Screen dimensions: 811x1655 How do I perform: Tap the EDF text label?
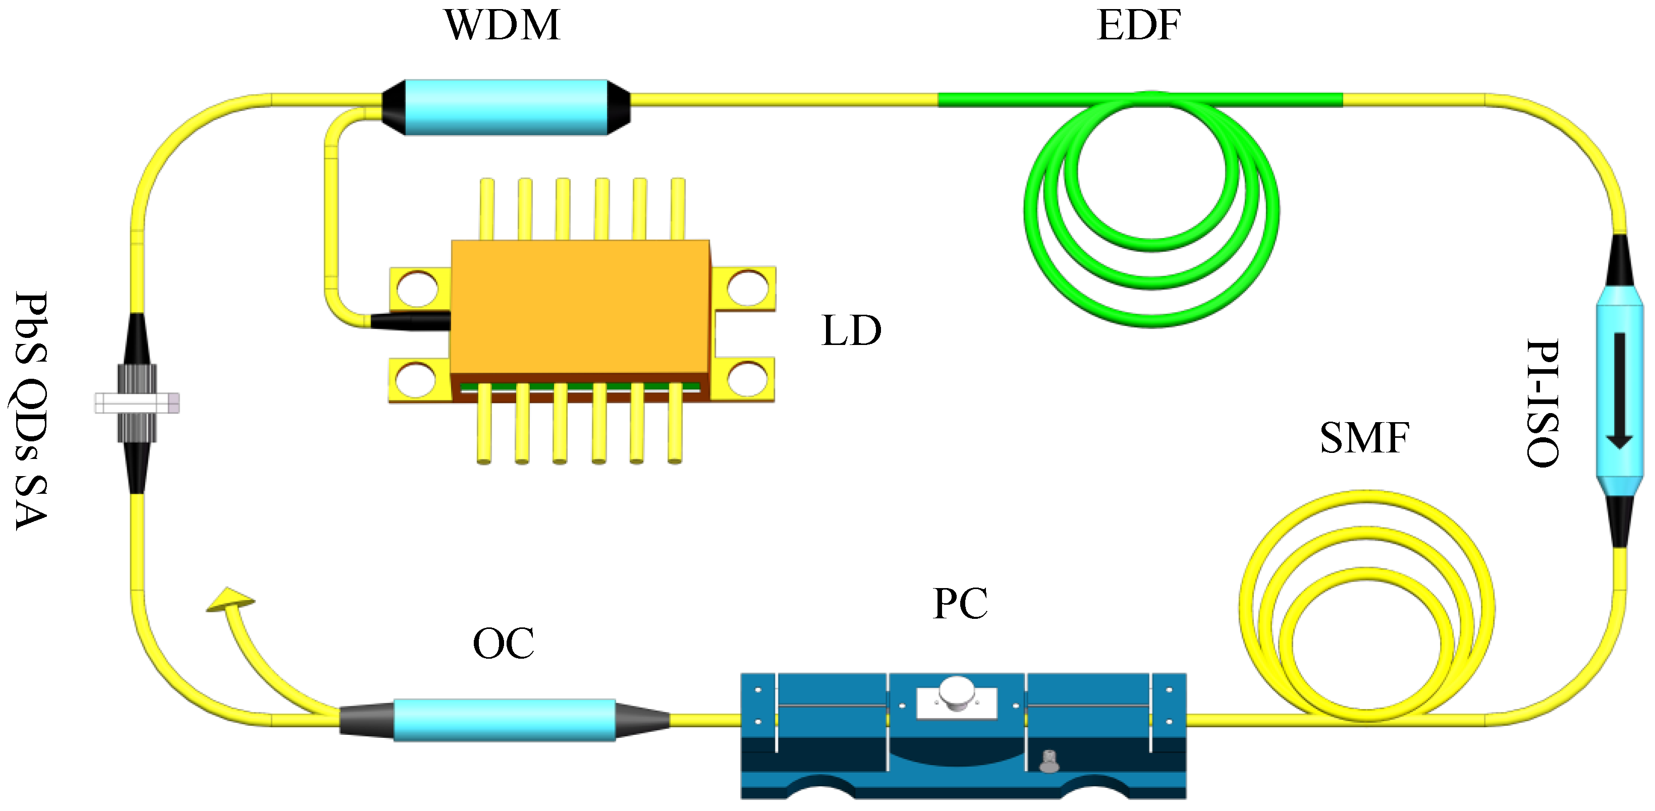(x=1138, y=26)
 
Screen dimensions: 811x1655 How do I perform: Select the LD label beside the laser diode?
(x=851, y=331)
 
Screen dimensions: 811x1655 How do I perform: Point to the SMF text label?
(x=1364, y=439)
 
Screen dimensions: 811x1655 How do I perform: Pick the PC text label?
(x=960, y=604)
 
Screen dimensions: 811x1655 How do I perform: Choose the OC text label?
(x=503, y=644)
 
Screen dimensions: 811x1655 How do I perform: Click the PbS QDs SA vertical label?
(x=31, y=411)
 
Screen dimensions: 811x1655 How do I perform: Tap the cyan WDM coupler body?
(x=506, y=107)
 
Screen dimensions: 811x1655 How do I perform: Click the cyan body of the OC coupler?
(x=505, y=720)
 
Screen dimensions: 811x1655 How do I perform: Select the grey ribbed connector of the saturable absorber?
(x=137, y=403)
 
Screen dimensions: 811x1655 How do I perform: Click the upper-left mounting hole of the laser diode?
(x=418, y=288)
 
